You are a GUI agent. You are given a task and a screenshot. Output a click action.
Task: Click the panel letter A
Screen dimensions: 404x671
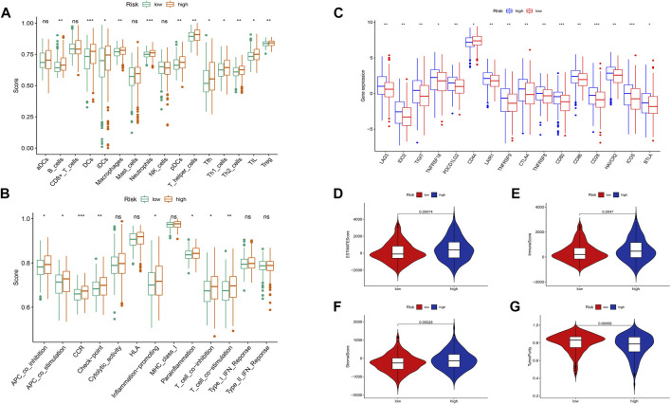tap(8, 8)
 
